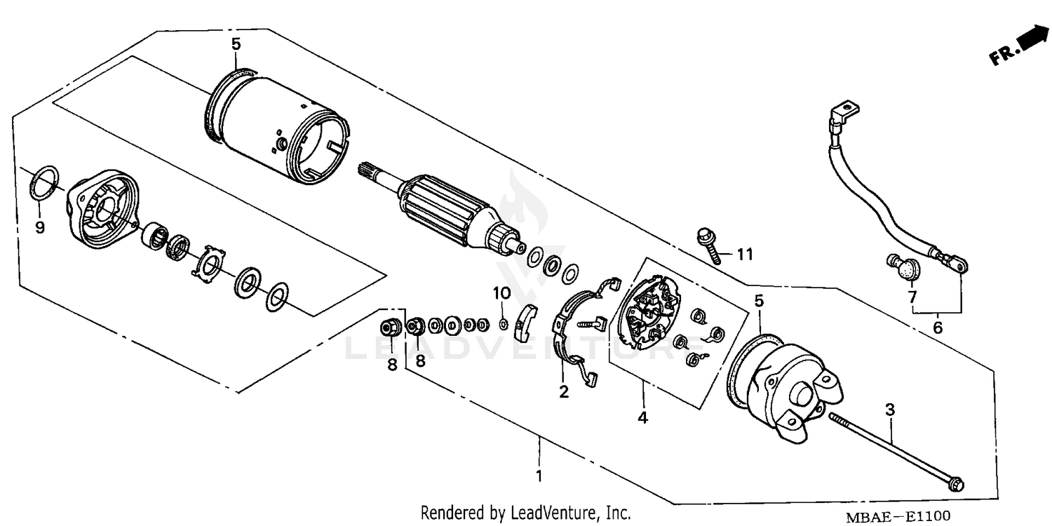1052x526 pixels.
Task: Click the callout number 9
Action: [x=40, y=227]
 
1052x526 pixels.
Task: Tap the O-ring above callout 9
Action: [x=45, y=182]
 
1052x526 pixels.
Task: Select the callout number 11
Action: [x=744, y=255]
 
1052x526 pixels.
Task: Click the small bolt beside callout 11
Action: [x=707, y=245]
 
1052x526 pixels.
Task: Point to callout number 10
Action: [x=502, y=292]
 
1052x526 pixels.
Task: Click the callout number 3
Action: [x=890, y=409]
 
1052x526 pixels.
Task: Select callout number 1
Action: [x=539, y=476]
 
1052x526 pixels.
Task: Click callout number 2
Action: [x=563, y=392]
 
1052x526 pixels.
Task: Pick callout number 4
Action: [x=642, y=417]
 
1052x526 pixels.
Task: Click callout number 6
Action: [x=938, y=328]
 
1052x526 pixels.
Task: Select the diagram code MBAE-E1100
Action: [x=900, y=516]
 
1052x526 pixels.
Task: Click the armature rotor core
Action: [x=449, y=210]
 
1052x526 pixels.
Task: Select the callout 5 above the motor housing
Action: [x=236, y=44]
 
